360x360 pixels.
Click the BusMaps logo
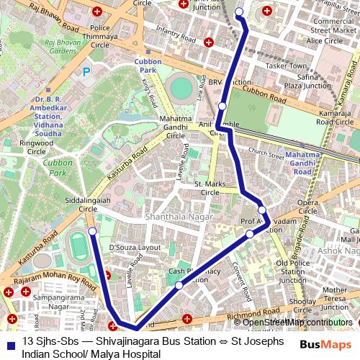[x=328, y=345]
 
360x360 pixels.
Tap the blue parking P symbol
[x=88, y=71]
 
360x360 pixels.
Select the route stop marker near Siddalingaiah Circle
[x=92, y=231]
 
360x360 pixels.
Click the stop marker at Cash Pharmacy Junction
[x=179, y=285]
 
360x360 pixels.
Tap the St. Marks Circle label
[x=199, y=189]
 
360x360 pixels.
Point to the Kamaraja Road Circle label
[x=333, y=117]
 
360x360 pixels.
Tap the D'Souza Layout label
[x=135, y=247]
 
